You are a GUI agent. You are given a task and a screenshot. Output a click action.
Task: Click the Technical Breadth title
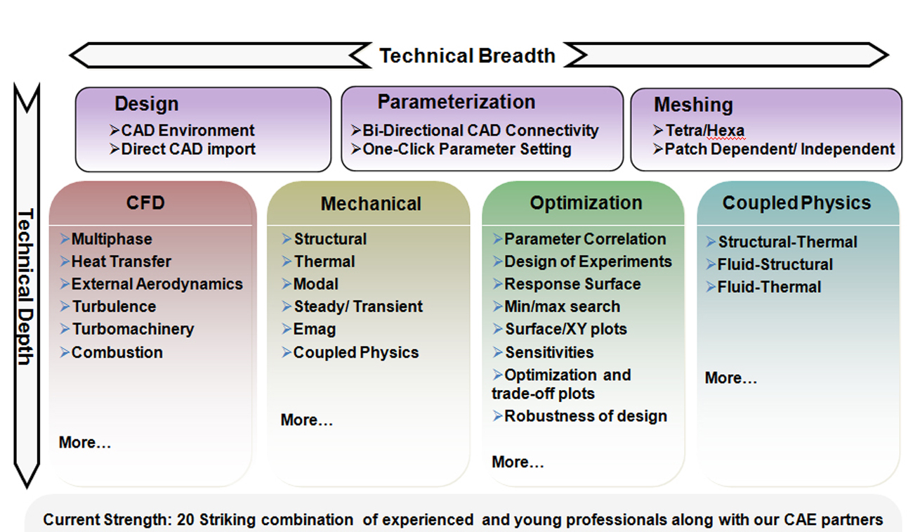(468, 56)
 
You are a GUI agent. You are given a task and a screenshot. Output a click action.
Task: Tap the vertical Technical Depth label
(25, 287)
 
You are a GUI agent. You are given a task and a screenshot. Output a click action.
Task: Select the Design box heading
(147, 103)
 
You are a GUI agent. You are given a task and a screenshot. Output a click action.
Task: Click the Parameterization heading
(456, 102)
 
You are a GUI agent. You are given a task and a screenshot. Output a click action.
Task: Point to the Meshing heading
(694, 105)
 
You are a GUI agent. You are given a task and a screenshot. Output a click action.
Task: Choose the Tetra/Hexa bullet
(699, 131)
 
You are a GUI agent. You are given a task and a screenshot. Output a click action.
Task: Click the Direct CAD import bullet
(182, 149)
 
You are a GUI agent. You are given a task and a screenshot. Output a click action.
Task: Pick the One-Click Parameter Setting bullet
(461, 149)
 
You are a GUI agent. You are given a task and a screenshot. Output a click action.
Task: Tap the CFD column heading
(145, 203)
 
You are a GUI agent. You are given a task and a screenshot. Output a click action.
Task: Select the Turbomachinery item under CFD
(127, 329)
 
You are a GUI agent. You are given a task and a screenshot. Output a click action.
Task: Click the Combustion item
(111, 353)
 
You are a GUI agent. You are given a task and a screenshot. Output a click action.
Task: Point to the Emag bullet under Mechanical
(309, 329)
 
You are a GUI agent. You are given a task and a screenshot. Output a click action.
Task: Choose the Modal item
(310, 284)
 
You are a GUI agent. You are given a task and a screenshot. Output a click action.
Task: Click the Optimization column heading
(586, 203)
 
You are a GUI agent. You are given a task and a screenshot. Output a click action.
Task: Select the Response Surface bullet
(567, 284)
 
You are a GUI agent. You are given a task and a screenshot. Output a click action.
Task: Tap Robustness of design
(579, 416)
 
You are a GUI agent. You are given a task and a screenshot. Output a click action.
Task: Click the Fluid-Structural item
(769, 264)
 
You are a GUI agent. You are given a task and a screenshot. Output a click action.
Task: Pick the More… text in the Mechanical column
(306, 420)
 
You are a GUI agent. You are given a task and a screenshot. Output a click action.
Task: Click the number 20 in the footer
(185, 520)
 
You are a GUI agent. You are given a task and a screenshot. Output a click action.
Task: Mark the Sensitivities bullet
(543, 353)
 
